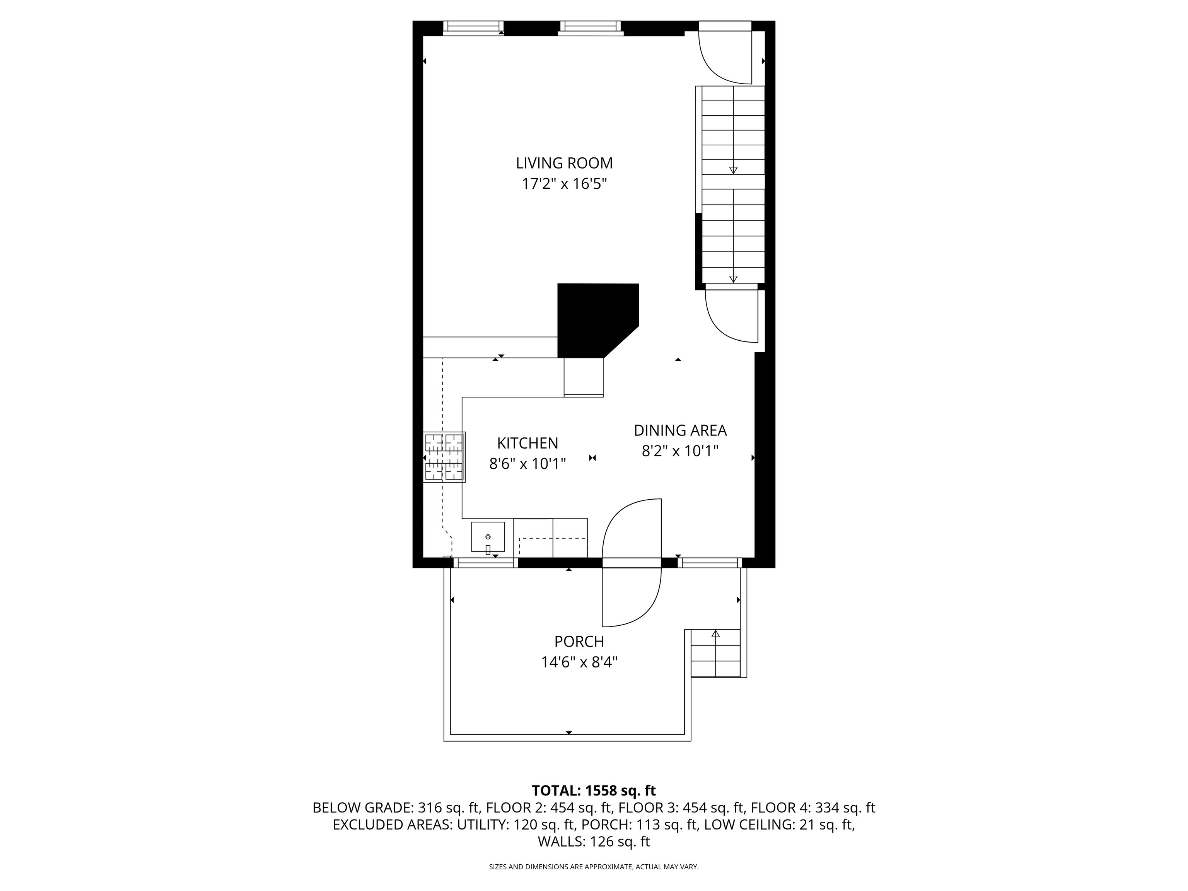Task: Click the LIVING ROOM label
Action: coord(564,163)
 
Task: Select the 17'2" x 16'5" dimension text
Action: coord(565,184)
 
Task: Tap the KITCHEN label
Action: coord(527,443)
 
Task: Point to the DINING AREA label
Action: coord(680,430)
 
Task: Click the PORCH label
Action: coord(579,641)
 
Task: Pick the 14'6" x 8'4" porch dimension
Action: coord(579,662)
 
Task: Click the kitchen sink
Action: coord(488,536)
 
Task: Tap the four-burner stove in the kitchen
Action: coord(444,457)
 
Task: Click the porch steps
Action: coord(715,653)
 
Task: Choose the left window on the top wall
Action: coord(473,28)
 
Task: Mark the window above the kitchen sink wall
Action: coord(485,563)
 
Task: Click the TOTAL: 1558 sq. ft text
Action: coord(594,790)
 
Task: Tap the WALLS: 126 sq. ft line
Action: coord(594,841)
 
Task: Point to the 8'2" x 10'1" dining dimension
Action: coord(680,451)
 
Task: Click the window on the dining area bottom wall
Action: coord(710,563)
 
